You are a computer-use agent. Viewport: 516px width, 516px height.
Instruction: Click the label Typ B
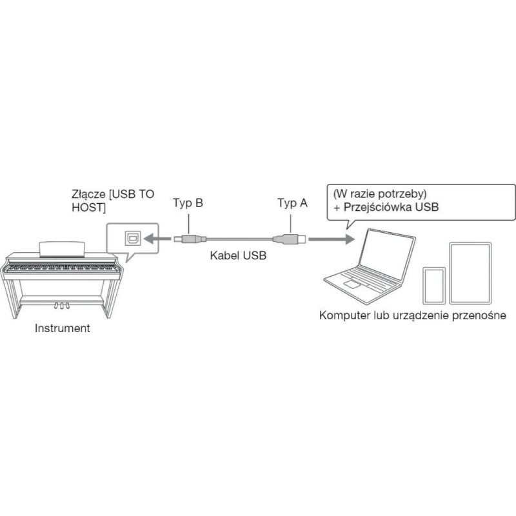pyautogui.click(x=188, y=203)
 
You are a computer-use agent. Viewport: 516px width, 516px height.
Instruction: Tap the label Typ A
pyautogui.click(x=292, y=203)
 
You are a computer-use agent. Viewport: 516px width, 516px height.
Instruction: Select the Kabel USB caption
pyautogui.click(x=238, y=255)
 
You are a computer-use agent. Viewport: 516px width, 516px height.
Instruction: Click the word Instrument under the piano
pyautogui.click(x=62, y=328)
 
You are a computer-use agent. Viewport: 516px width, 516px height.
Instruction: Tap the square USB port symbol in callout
pyautogui.click(x=133, y=238)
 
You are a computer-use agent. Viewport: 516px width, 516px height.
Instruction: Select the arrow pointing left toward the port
pyautogui.click(x=157, y=238)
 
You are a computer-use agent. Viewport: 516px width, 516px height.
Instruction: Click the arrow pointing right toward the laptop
pyautogui.click(x=332, y=239)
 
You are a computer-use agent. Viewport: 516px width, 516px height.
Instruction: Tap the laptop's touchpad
pyautogui.click(x=351, y=284)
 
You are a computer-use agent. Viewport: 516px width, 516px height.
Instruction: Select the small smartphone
pyautogui.click(x=434, y=285)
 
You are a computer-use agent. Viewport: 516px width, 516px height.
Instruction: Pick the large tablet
pyautogui.click(x=470, y=273)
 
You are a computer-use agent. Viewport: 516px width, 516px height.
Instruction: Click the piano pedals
pyautogui.click(x=62, y=306)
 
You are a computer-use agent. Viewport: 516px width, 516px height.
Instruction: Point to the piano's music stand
pyautogui.click(x=62, y=250)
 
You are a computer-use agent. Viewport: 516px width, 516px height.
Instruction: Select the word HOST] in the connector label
pyautogui.click(x=89, y=207)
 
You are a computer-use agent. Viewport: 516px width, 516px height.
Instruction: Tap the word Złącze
pyautogui.click(x=88, y=195)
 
